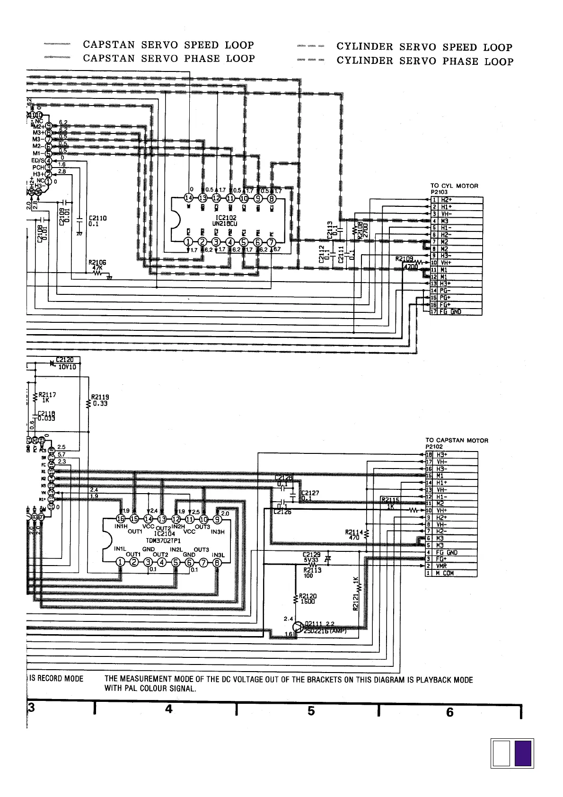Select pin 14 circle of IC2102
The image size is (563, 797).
[x=189, y=198]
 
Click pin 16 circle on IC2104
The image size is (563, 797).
[x=121, y=520]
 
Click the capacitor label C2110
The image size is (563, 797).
[x=98, y=218]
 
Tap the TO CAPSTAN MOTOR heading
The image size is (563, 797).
[x=457, y=440]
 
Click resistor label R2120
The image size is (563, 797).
[x=308, y=596]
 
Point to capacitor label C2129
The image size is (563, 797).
[x=312, y=554]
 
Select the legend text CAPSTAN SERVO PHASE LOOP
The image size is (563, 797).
[x=169, y=59]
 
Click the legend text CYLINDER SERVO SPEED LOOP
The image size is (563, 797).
[x=424, y=47]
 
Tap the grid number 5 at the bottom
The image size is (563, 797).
[x=311, y=711]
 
